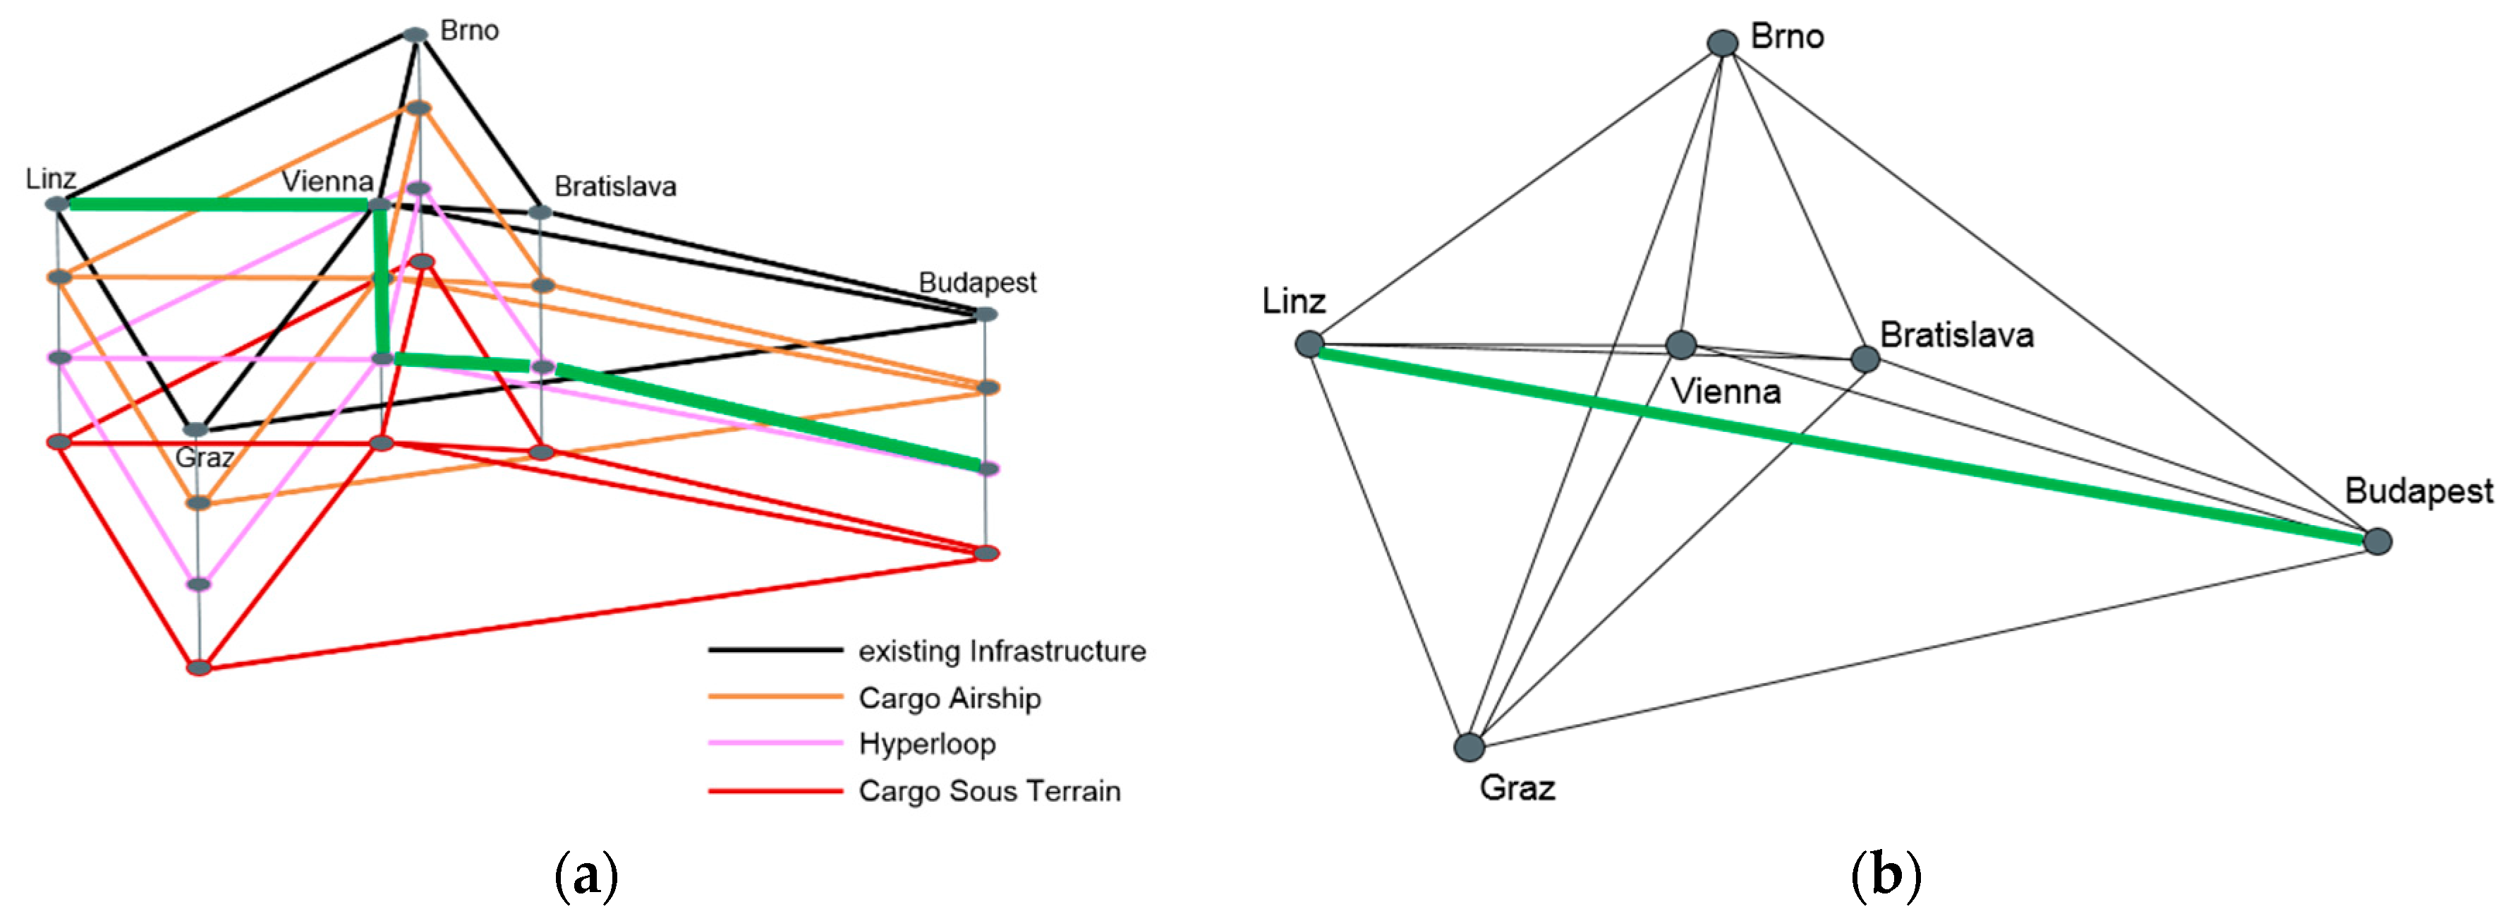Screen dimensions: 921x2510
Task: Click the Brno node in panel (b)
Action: pos(1723,43)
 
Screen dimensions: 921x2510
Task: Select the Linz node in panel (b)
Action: pos(1309,344)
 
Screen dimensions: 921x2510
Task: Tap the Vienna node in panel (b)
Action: pos(1681,344)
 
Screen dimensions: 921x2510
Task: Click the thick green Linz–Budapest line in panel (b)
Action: pos(1841,443)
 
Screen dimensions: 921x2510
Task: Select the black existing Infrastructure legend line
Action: pos(775,650)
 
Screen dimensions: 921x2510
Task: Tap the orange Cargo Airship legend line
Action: pos(775,697)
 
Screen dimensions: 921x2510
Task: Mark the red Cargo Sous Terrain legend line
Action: pos(775,790)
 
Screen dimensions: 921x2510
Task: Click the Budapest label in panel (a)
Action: pos(977,282)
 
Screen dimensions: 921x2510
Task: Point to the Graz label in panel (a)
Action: pos(204,458)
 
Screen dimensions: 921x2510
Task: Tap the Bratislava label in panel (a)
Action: pos(615,186)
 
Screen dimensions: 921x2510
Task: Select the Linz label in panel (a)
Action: pos(51,179)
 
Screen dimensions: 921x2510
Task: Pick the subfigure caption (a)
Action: pos(586,876)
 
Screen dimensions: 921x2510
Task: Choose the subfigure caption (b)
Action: pos(1886,876)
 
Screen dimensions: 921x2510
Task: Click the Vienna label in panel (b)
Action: pos(1726,392)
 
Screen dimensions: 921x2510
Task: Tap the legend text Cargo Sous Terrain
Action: pos(989,790)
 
